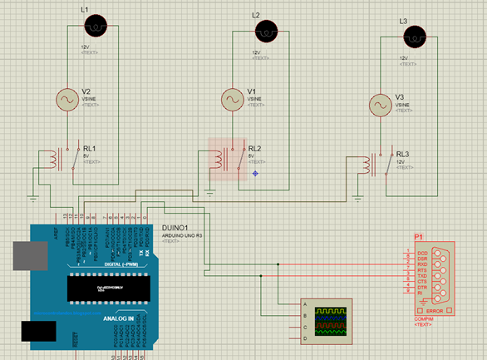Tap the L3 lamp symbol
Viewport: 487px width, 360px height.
pos(413,36)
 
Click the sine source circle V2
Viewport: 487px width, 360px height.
pos(66,99)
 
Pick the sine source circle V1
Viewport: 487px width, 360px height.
pos(233,99)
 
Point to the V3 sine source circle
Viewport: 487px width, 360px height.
pos(381,106)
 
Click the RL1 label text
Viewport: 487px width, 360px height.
pos(90,149)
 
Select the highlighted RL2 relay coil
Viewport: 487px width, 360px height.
pos(223,158)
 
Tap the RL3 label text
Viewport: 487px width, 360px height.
pos(403,155)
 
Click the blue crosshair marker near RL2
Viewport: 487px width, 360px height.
pos(255,173)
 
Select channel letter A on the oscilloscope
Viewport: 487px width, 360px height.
pos(307,304)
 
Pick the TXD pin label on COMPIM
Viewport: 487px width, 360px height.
pos(423,275)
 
